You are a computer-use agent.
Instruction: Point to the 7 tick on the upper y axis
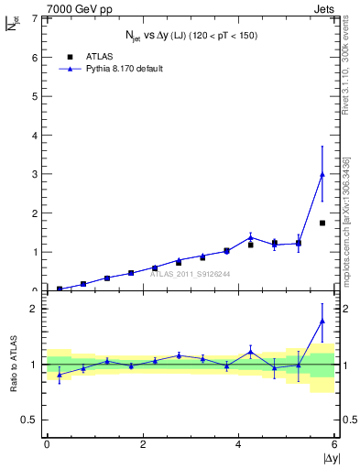click(x=35, y=18)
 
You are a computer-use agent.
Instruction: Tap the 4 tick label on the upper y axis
click(x=35, y=135)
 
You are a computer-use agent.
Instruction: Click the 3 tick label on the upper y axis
click(x=35, y=174)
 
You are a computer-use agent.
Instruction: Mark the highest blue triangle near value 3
click(x=322, y=174)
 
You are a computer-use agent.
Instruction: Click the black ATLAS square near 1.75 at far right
click(x=322, y=223)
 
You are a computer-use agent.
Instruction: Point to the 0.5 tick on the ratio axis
click(x=30, y=420)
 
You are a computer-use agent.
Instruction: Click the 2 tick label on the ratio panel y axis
click(x=35, y=309)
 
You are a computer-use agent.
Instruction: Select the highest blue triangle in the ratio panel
click(x=322, y=321)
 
